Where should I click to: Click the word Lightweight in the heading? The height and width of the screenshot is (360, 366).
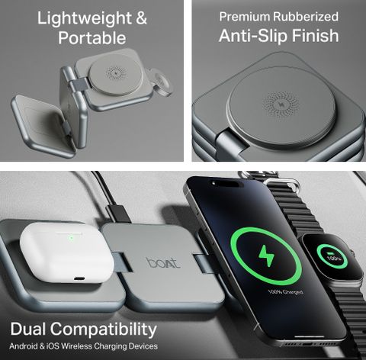(85, 18)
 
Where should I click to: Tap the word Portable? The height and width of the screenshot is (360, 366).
(92, 38)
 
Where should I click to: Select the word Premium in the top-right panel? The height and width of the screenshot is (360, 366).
(244, 17)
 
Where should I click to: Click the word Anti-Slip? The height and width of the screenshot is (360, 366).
(253, 36)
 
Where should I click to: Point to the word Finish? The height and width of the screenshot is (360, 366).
(315, 35)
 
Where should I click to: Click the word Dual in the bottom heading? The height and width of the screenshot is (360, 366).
(27, 329)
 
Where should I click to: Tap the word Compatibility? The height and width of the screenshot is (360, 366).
(103, 329)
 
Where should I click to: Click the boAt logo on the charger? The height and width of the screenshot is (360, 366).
(164, 263)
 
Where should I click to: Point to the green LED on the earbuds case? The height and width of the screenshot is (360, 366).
(72, 238)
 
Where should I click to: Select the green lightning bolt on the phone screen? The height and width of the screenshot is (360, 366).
(266, 256)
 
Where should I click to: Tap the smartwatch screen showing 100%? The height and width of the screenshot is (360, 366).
(332, 256)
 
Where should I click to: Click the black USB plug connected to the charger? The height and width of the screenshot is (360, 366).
(118, 214)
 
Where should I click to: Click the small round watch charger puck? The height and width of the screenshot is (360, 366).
(162, 84)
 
